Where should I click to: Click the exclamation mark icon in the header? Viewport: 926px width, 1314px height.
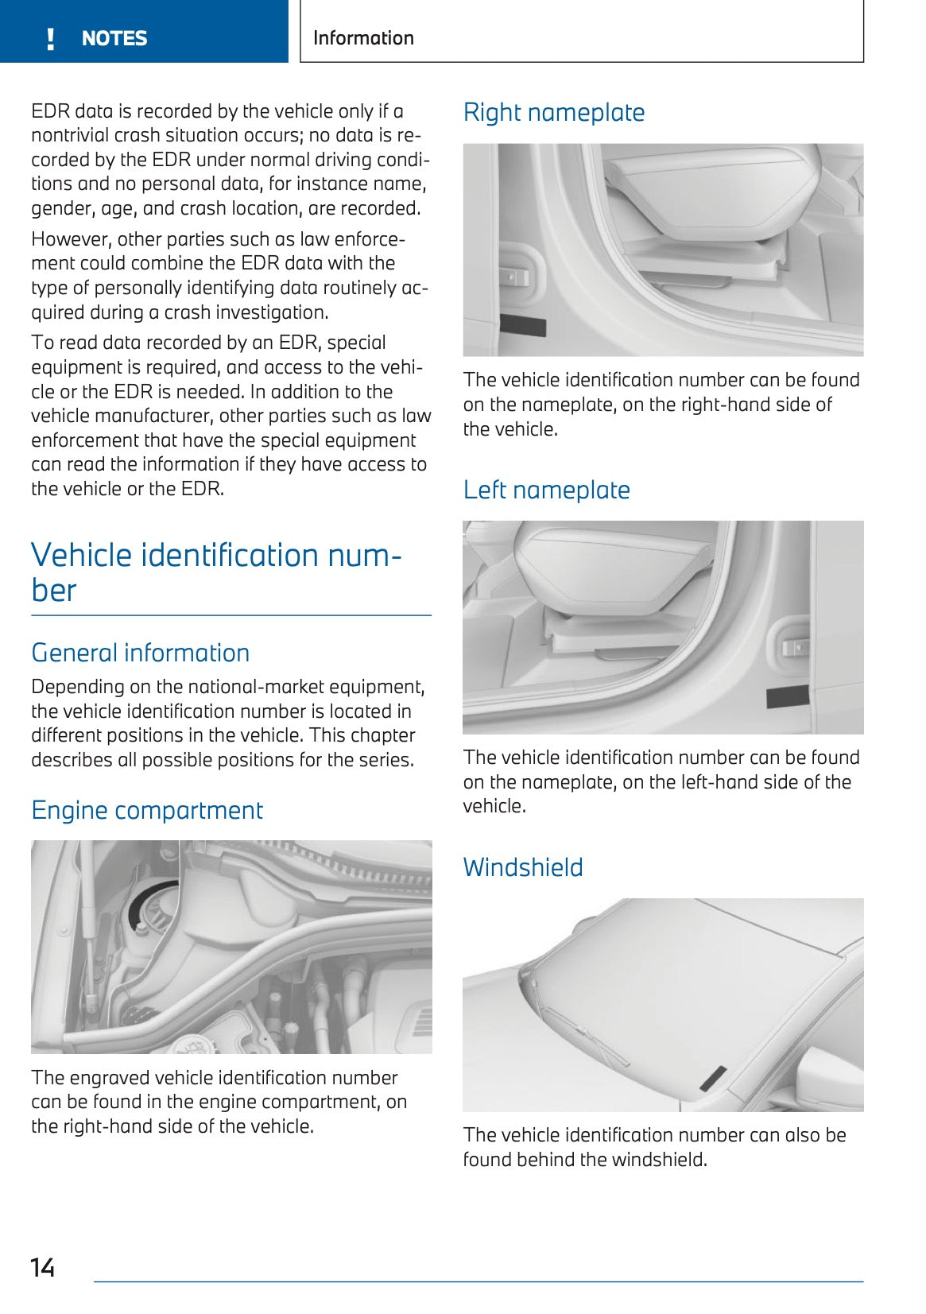pos(51,39)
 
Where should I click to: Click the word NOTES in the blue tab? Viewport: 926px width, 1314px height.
pos(114,39)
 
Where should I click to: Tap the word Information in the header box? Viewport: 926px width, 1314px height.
pos(363,38)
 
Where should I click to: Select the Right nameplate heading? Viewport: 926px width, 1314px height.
pos(553,113)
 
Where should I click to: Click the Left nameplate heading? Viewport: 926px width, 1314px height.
pos(546,490)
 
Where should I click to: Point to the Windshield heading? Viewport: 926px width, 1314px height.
pos(522,867)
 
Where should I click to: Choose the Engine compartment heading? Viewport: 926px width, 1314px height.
pos(146,811)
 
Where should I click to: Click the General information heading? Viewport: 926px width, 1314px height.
pos(140,653)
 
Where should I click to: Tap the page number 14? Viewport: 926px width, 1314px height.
pos(42,1267)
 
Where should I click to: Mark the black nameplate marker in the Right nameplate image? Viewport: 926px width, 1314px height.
pos(523,325)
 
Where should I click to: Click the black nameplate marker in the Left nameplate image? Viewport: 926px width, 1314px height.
pos(787,698)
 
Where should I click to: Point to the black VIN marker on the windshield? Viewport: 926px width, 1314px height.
pos(713,1078)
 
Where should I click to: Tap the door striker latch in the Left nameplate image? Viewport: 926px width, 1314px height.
pos(794,648)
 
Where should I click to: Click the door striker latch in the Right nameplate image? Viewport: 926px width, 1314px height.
pos(514,276)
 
